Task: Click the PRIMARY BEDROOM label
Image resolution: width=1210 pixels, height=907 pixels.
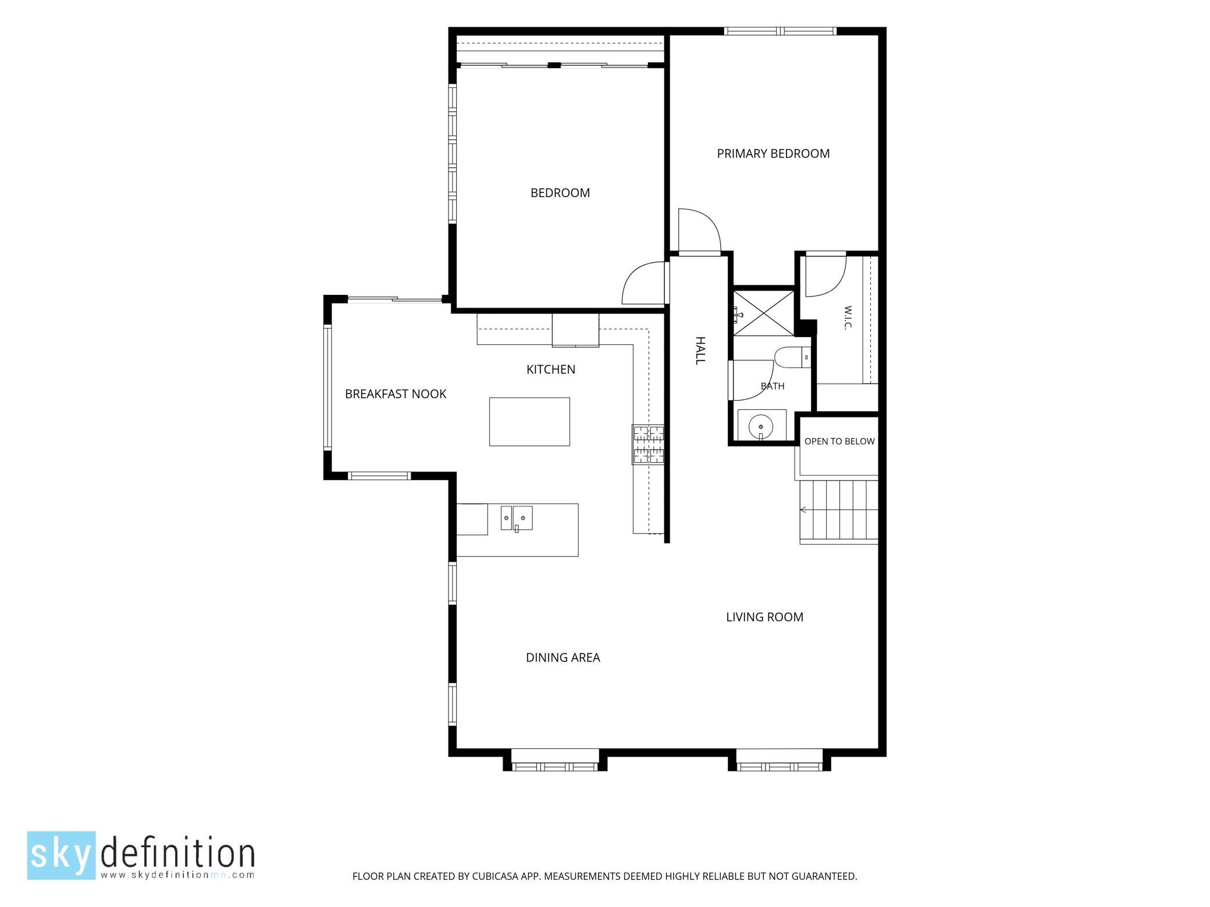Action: coord(773,153)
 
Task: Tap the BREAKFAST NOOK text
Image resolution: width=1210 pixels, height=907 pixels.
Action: coord(396,394)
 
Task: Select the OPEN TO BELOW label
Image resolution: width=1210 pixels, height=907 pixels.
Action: coord(839,441)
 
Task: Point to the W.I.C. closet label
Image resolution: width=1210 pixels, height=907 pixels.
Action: coord(847,318)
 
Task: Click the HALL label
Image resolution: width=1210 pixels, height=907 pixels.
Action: coord(700,351)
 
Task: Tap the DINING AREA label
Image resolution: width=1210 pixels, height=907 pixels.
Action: coord(563,658)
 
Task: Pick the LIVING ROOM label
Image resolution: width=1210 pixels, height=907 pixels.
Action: coord(764,617)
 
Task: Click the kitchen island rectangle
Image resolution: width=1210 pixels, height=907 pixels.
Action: coord(529,422)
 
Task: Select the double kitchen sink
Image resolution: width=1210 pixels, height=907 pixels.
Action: coord(517,519)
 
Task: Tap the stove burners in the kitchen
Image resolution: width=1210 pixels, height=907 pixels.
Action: coord(649,445)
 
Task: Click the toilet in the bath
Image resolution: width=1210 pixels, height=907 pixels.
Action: coord(793,357)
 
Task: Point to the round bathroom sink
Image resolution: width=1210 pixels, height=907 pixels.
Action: coord(761,426)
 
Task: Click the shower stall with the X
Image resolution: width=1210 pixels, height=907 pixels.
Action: coord(763,313)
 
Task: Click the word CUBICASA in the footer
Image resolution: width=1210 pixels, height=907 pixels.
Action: coord(498,876)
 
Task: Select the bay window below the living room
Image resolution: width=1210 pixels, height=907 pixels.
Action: coord(780,760)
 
